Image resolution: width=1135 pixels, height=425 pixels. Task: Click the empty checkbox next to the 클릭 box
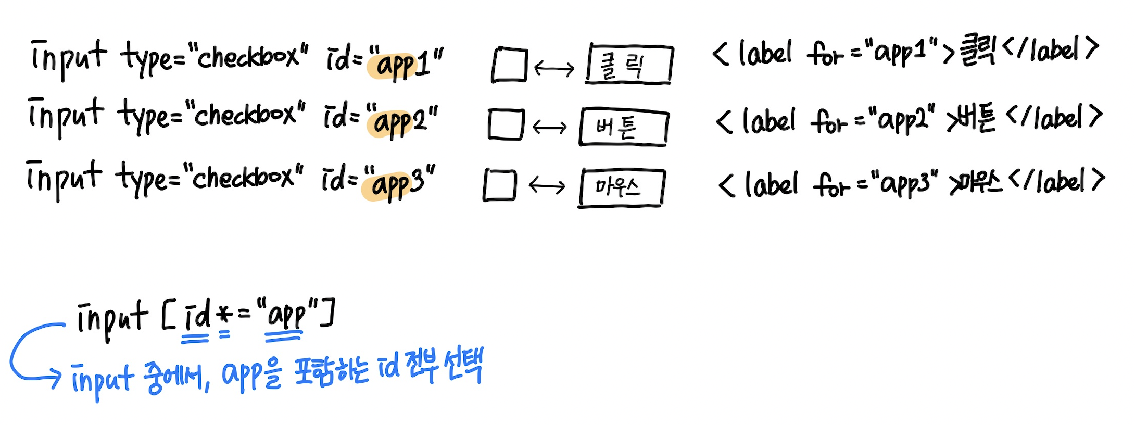click(x=509, y=65)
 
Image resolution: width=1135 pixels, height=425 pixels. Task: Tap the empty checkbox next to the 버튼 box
click(x=506, y=124)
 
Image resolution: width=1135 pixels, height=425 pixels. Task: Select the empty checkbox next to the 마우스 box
click(x=499, y=185)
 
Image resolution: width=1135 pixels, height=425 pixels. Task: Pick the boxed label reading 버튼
click(x=623, y=127)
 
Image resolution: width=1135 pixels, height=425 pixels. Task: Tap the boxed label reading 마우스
click(x=621, y=187)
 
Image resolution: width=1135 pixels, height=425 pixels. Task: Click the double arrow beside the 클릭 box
click(x=554, y=68)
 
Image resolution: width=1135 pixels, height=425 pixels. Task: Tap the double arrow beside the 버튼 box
click(x=550, y=127)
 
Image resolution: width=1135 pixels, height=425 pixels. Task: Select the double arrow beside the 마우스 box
click(x=547, y=185)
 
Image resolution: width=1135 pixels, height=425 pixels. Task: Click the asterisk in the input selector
click(x=223, y=316)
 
